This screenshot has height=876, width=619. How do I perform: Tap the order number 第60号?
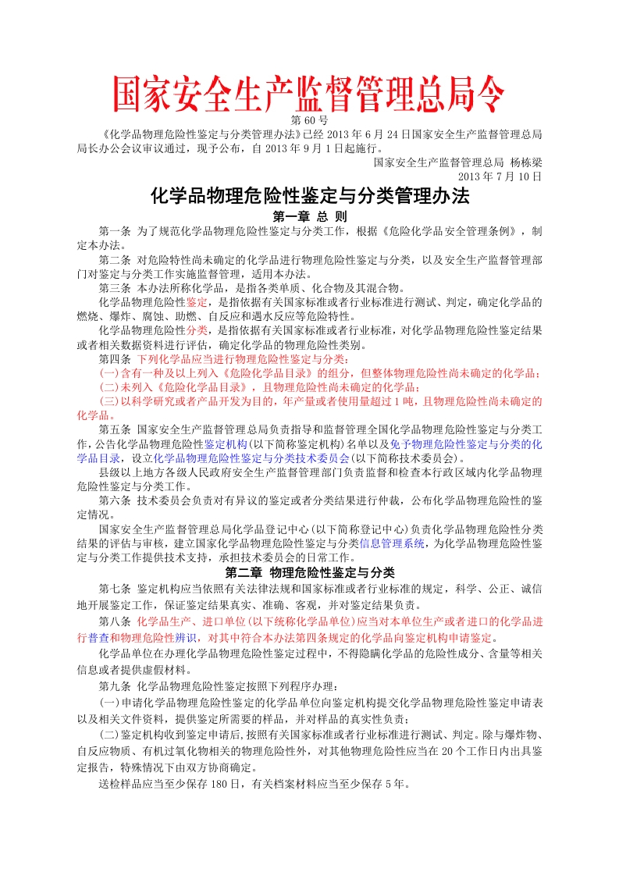pyautogui.click(x=308, y=120)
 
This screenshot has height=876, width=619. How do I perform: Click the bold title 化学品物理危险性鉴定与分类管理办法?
pyautogui.click(x=309, y=197)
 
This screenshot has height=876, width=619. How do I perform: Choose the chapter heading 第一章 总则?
pyautogui.click(x=309, y=216)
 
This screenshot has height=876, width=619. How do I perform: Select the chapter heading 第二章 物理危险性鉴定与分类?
pyautogui.click(x=309, y=572)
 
